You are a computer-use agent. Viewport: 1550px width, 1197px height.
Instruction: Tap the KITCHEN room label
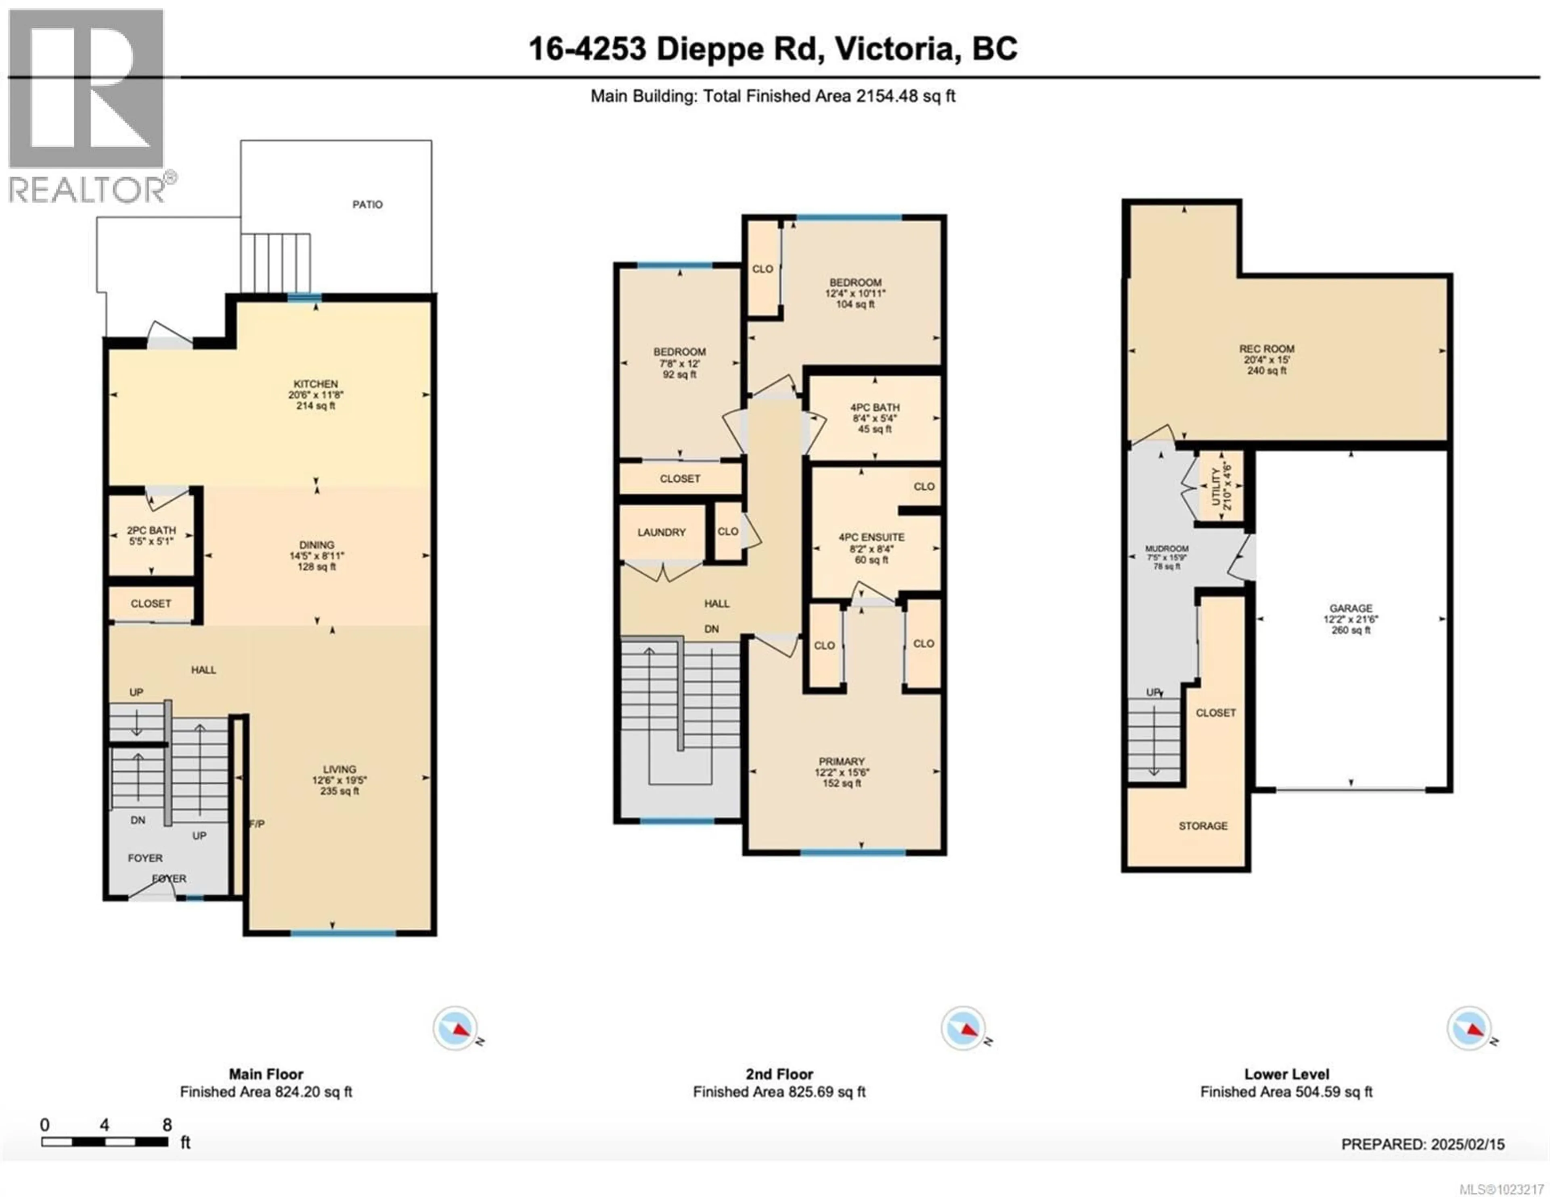(x=316, y=384)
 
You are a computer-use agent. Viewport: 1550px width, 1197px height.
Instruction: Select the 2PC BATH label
(x=151, y=530)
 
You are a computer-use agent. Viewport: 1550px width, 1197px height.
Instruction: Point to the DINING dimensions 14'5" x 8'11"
(x=316, y=556)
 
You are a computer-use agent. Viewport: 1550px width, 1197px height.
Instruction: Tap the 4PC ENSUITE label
(x=871, y=538)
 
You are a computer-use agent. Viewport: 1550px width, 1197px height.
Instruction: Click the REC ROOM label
(x=1267, y=349)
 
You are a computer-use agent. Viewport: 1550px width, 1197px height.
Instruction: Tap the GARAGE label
(x=1351, y=608)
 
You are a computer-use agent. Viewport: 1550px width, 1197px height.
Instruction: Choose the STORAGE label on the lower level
(x=1203, y=826)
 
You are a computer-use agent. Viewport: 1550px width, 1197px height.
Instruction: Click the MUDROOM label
(x=1167, y=549)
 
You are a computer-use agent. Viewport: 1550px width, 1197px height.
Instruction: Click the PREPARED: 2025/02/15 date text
(x=1422, y=1145)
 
